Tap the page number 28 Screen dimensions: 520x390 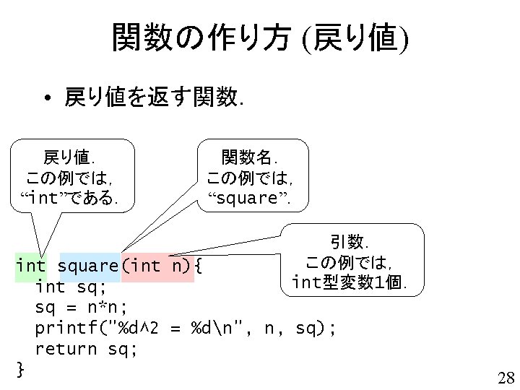click(x=505, y=377)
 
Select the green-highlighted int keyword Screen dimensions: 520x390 click(x=31, y=266)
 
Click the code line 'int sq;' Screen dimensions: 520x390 click(x=71, y=287)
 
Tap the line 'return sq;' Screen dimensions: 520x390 click(x=87, y=350)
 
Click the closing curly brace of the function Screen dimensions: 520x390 click(x=20, y=370)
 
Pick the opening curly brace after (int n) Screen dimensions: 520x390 click(x=200, y=266)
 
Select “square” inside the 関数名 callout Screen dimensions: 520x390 click(x=248, y=197)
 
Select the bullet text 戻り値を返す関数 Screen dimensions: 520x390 click(x=152, y=97)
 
